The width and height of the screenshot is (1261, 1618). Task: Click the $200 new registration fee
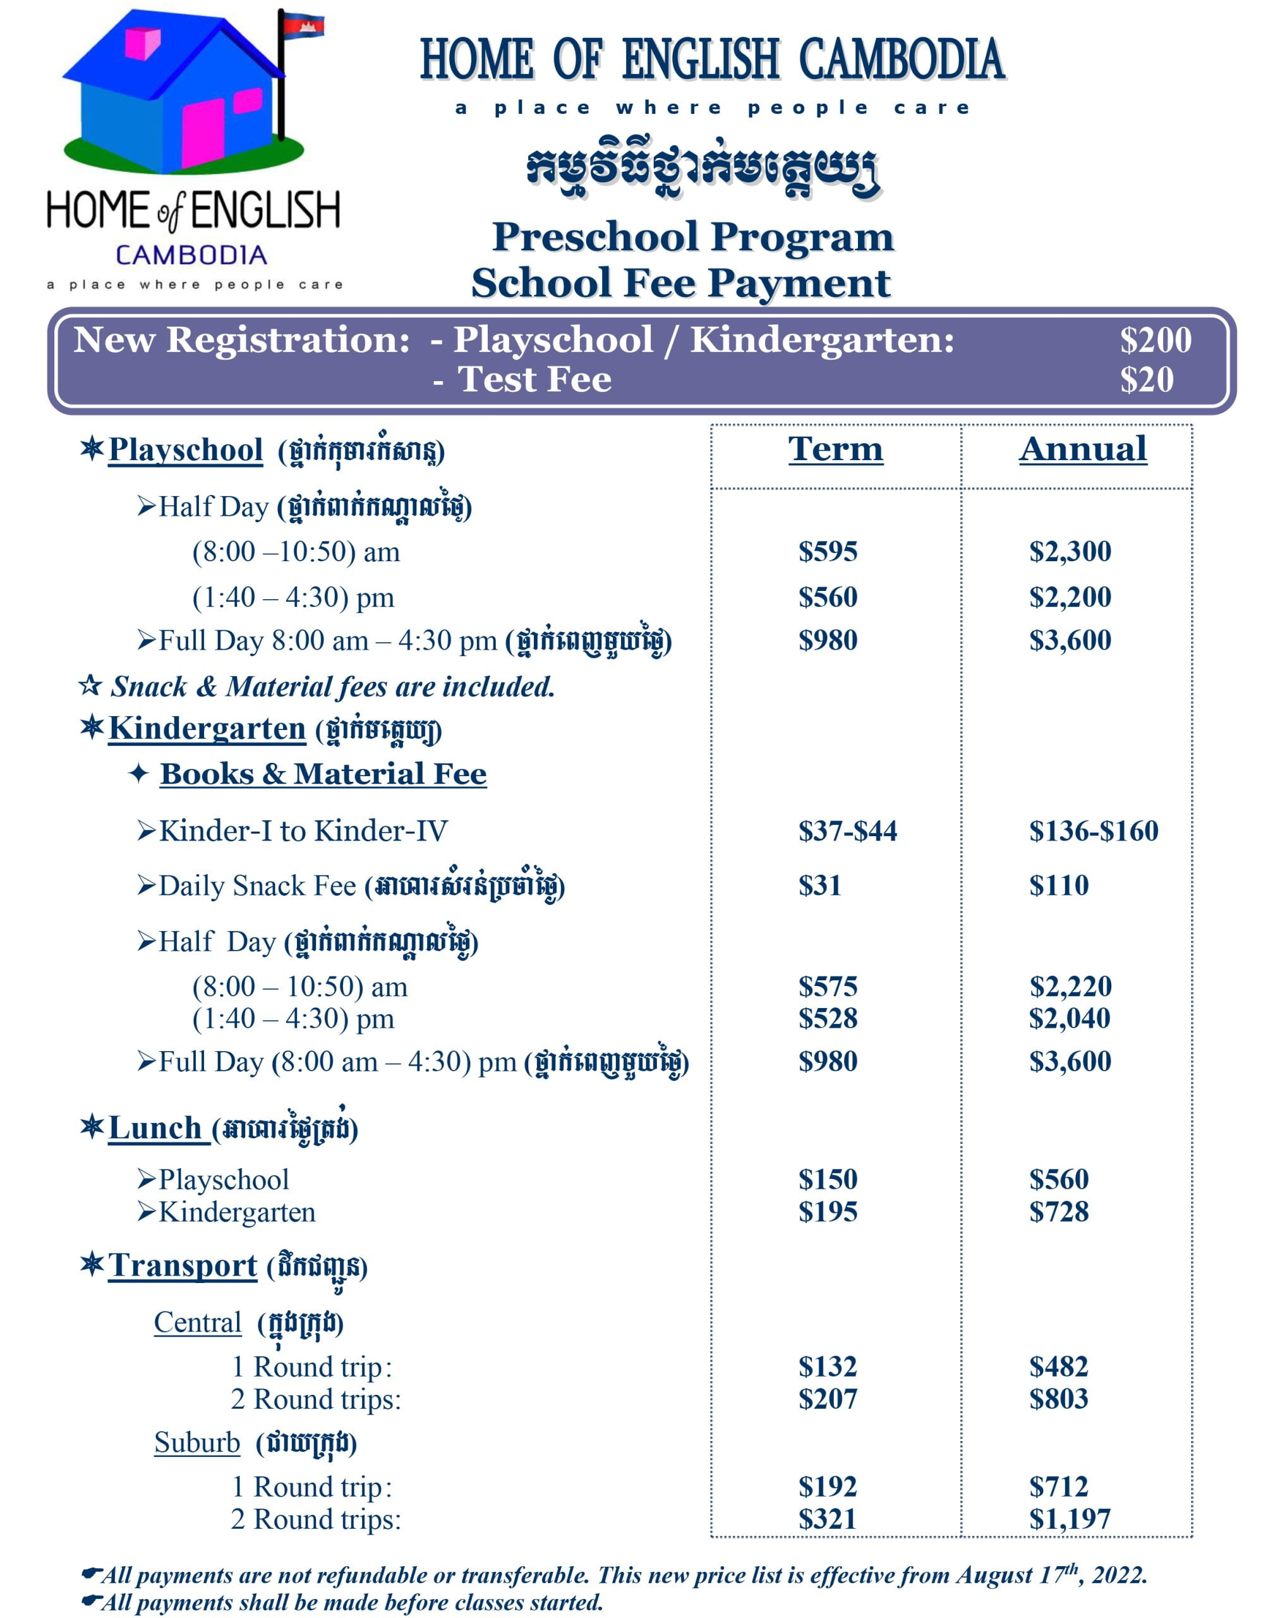pyautogui.click(x=1155, y=340)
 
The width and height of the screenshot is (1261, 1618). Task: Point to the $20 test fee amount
pyautogui.click(x=1146, y=380)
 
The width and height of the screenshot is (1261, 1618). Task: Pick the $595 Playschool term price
pyautogui.click(x=828, y=551)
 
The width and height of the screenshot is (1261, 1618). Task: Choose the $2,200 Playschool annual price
pyautogui.click(x=1070, y=597)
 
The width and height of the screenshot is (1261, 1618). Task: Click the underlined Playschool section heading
pyautogui.click(x=185, y=450)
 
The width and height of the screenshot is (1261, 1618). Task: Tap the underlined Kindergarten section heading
pyautogui.click(x=207, y=728)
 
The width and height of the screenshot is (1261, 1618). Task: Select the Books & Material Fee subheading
pyautogui.click(x=323, y=774)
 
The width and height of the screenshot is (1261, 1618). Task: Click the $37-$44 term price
pyautogui.click(x=847, y=830)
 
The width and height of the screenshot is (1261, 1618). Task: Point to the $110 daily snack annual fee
pyautogui.click(x=1059, y=885)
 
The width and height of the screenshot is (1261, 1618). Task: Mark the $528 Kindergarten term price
pyautogui.click(x=828, y=1019)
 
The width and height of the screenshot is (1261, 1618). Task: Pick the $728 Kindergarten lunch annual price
pyautogui.click(x=1059, y=1212)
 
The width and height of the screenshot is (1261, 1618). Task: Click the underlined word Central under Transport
pyautogui.click(x=198, y=1322)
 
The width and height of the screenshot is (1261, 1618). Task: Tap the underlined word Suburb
pyautogui.click(x=197, y=1442)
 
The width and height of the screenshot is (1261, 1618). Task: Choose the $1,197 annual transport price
pyautogui.click(x=1070, y=1519)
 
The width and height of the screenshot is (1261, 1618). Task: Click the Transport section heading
pyautogui.click(x=182, y=1265)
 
